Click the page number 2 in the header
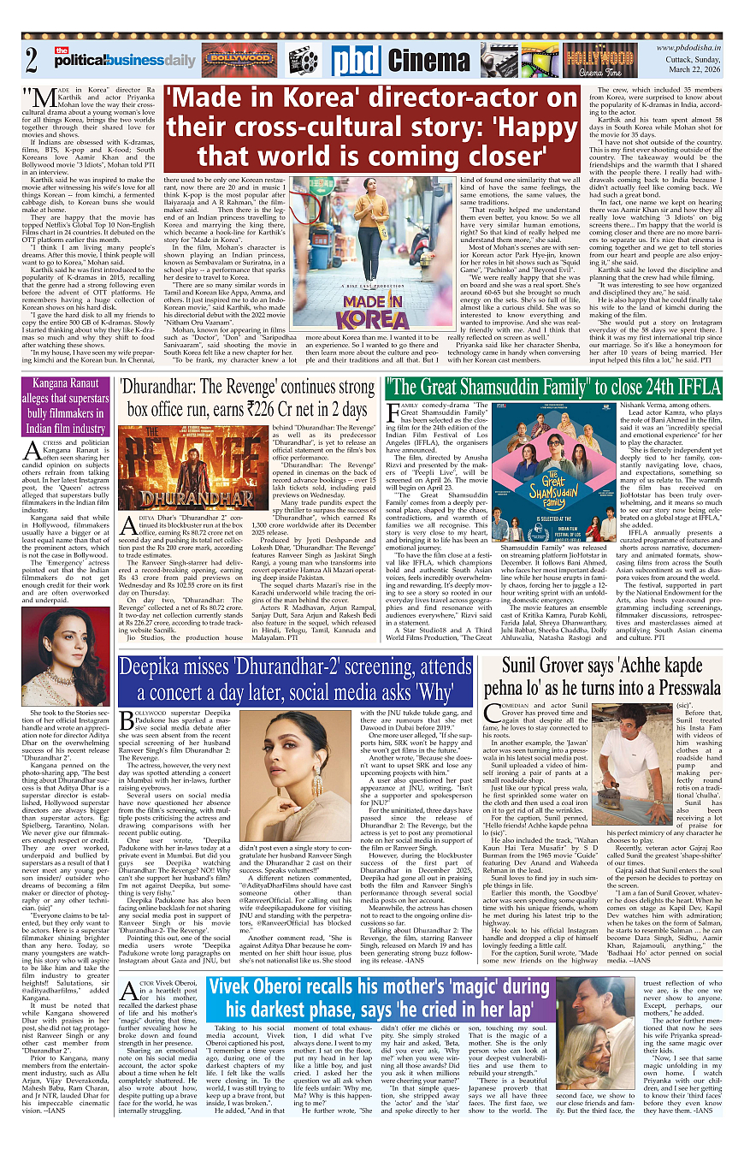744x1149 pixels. tap(32, 61)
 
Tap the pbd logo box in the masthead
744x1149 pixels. tap(356, 60)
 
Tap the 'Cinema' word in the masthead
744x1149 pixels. tap(428, 61)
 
